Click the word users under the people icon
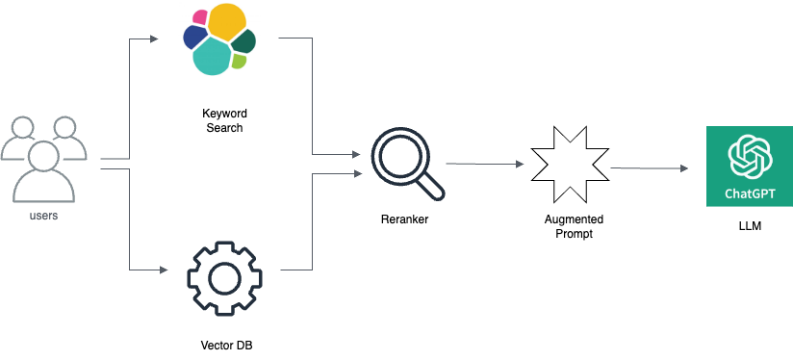point(44,216)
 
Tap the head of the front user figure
point(44,154)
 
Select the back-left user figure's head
point(22,127)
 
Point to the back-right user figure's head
point(64,127)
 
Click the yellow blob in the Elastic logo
point(226,21)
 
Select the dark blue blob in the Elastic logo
point(195,37)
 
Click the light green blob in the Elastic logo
point(239,61)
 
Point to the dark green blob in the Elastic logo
point(244,40)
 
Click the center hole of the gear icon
point(224,278)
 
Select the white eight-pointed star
point(570,165)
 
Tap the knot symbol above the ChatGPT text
point(750,156)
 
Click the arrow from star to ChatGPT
point(650,168)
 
